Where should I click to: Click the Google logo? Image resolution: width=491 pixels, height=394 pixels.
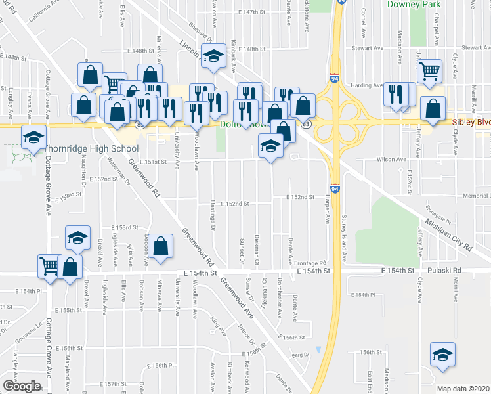(x=20, y=386)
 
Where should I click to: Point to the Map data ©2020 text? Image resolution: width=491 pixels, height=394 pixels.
(x=463, y=389)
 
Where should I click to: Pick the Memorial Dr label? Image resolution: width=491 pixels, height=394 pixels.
(x=475, y=196)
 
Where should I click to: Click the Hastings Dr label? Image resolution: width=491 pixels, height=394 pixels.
(x=213, y=215)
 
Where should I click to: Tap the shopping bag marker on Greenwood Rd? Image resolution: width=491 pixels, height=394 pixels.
(x=160, y=247)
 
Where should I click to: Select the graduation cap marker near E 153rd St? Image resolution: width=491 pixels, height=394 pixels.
(x=77, y=238)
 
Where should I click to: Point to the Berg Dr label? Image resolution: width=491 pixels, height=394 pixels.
(x=301, y=355)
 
